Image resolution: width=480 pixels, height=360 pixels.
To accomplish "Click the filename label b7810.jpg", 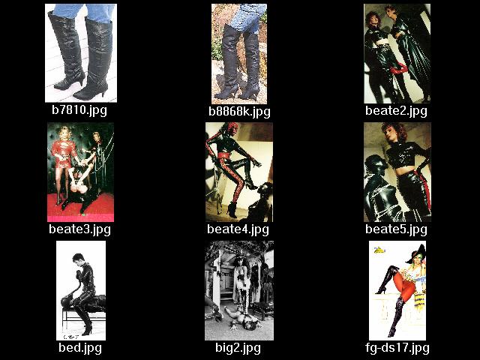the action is coord(79,110).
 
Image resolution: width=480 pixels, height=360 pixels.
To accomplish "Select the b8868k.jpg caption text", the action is coord(239,112).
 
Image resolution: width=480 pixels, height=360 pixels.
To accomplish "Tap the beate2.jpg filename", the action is coord(396,110).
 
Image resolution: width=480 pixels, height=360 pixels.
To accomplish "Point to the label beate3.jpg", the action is coord(80,229).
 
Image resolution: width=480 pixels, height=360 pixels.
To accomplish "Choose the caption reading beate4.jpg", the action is coord(238,229).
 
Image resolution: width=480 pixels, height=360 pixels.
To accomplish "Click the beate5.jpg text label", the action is coord(396,229).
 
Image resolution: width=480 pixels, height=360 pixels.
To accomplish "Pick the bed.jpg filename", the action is coord(80,348).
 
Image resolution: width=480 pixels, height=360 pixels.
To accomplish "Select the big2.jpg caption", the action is coord(238,348).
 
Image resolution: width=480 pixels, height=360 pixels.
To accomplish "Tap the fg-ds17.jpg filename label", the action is coord(397,348).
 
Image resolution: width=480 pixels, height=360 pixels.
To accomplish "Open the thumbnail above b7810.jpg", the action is coord(81,53).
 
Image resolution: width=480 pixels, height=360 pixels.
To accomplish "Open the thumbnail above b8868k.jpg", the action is coord(239,54).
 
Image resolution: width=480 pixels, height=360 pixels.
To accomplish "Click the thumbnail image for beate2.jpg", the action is coord(397,53).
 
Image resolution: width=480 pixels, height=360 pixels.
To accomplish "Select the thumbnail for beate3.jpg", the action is coord(80,172).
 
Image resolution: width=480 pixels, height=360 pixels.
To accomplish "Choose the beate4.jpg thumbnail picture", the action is coord(239,172).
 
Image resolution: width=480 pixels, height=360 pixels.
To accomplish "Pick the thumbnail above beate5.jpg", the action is coord(397,172).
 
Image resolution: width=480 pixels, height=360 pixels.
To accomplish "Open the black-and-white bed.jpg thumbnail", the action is coord(81,290).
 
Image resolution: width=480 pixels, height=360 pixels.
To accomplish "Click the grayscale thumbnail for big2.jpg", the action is coord(239,290).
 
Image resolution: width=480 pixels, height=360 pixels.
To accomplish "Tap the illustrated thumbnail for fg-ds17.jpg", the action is coord(397,290).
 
